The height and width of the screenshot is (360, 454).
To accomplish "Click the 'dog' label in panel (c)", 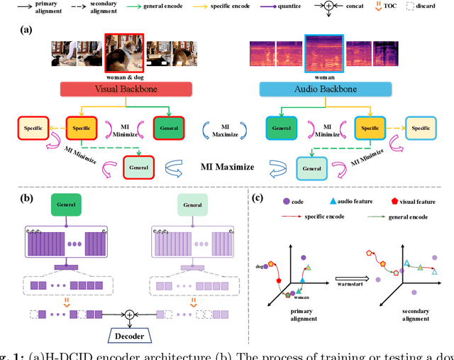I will pos(260,266).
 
